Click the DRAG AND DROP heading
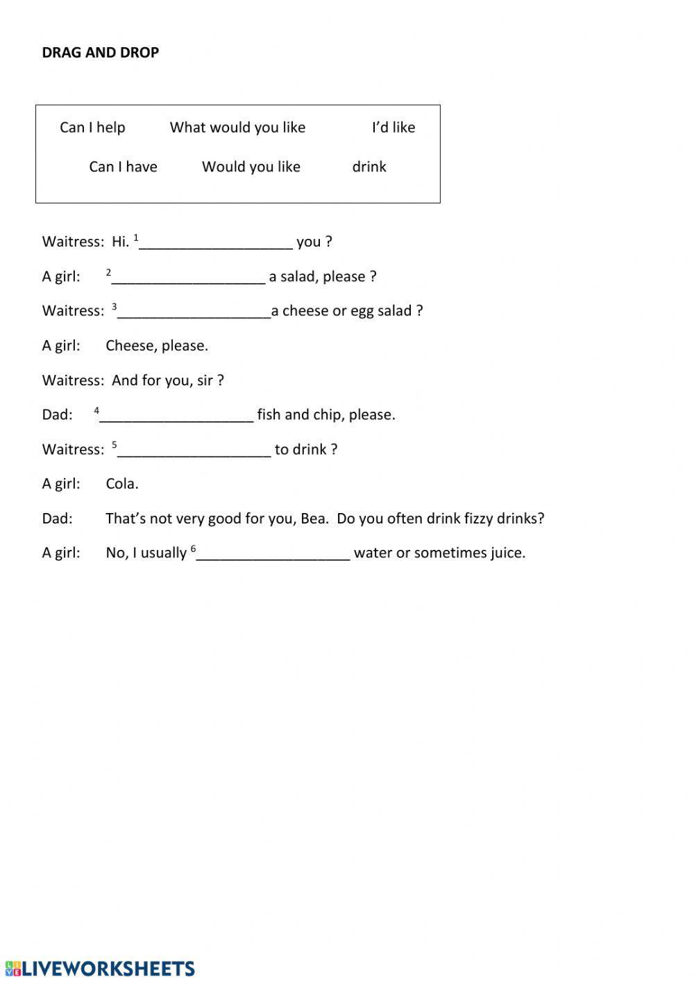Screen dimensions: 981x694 (100, 53)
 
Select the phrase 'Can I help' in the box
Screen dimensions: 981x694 (92, 127)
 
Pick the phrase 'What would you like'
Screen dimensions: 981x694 (237, 127)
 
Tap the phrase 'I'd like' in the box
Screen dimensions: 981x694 (393, 127)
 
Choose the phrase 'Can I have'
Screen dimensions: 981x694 (123, 167)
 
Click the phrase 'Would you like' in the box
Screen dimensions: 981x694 (251, 167)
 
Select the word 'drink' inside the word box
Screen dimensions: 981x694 (369, 167)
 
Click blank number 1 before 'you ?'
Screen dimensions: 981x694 (216, 242)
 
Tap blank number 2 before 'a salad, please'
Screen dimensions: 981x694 (188, 277)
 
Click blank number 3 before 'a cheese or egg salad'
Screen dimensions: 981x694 (194, 311)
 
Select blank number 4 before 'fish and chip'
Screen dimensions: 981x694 (176, 415)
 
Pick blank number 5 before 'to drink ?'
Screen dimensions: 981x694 (194, 450)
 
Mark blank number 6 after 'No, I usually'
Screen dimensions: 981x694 (273, 553)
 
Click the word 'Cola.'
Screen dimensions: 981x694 (122, 484)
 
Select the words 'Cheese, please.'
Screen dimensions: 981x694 (157, 346)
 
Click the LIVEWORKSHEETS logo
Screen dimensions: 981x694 (100, 969)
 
